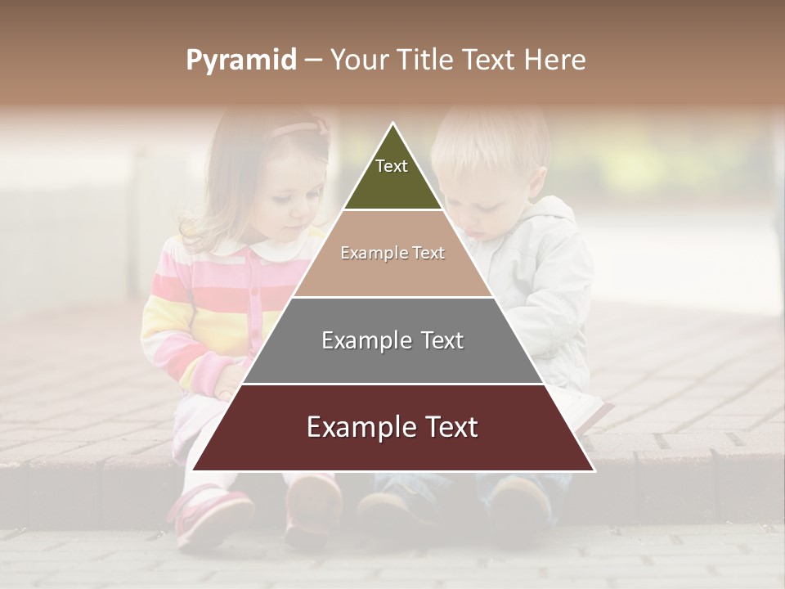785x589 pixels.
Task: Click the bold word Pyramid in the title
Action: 241,61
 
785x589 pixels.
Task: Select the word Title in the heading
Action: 429,61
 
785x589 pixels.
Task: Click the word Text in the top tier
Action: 392,166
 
